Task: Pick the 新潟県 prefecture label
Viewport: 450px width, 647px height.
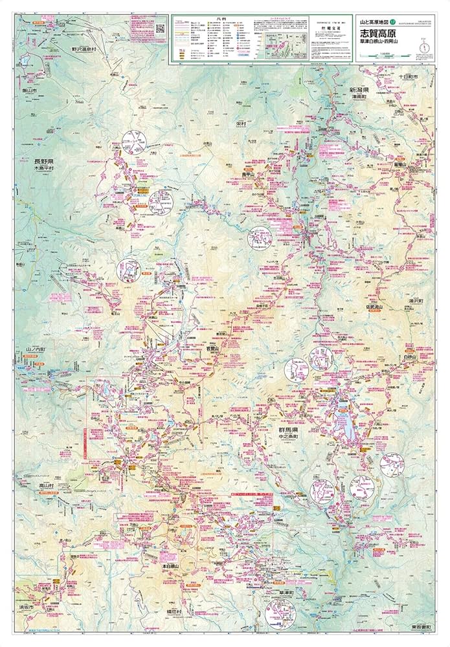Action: click(359, 90)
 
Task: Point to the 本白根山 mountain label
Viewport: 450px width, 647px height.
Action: click(174, 565)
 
